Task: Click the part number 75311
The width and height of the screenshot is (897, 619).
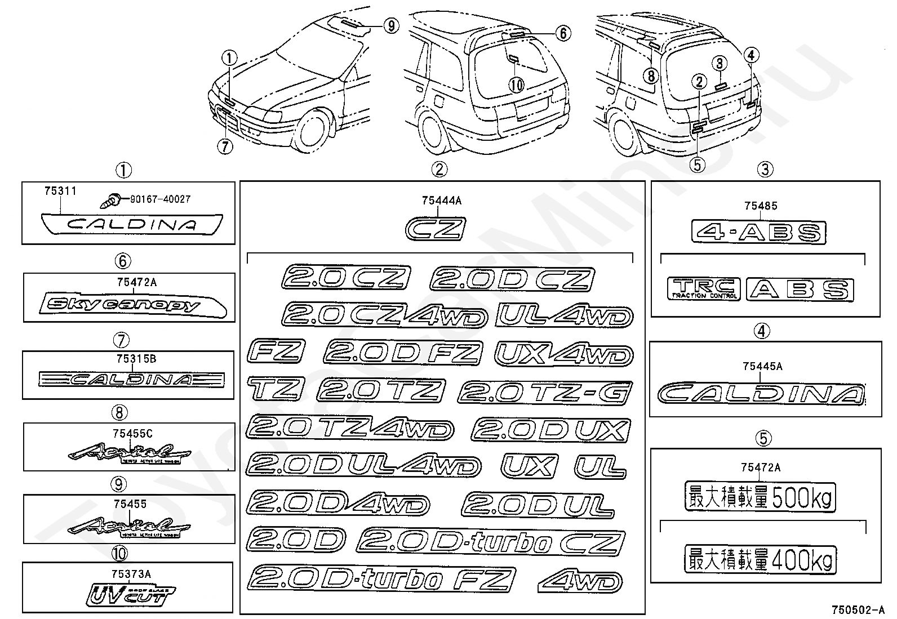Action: (60, 192)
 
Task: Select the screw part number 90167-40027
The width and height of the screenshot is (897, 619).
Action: (161, 199)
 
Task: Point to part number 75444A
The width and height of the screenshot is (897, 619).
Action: (441, 200)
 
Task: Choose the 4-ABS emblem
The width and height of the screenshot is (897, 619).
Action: (758, 232)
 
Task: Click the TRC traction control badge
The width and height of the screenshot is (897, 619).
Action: (703, 288)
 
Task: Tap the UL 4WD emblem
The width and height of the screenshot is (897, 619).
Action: (564, 316)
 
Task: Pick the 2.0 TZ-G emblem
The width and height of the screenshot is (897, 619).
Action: (545, 392)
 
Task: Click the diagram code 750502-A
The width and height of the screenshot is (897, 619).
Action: (858, 610)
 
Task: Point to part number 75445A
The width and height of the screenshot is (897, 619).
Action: (762, 367)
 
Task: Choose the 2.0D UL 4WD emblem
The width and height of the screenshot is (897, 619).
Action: (363, 466)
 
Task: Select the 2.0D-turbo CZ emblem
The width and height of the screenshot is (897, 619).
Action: (490, 543)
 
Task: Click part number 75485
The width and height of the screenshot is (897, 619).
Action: (761, 206)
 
